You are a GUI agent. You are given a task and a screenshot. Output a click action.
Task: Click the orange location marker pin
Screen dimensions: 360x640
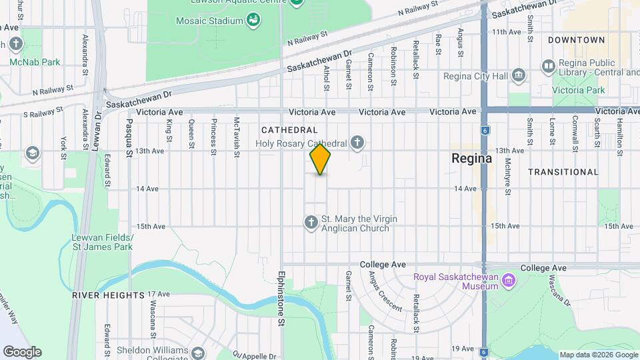coord(320,159)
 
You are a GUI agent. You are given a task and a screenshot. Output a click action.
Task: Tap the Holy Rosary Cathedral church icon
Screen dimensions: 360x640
coord(358,142)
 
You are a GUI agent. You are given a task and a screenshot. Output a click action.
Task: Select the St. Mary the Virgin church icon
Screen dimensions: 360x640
coord(311,222)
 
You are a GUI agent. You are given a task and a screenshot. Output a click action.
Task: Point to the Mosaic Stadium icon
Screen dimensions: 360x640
coord(253,21)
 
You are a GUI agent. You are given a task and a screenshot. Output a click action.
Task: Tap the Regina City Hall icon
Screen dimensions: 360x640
coord(519,76)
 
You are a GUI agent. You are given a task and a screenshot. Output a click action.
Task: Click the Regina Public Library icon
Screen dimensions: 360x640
coord(548,65)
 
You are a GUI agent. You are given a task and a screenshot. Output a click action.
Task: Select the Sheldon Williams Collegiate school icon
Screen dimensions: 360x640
coord(197,353)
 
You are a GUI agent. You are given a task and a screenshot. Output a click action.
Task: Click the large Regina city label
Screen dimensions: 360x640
coord(471,159)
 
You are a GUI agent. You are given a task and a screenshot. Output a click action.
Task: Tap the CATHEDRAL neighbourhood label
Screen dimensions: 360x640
coord(289,129)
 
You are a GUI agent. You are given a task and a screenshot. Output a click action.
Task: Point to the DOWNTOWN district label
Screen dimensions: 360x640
coord(576,40)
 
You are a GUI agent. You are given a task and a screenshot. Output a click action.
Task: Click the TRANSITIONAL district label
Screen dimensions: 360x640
coord(563,172)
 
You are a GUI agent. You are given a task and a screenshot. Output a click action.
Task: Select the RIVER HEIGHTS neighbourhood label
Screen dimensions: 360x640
coord(108,295)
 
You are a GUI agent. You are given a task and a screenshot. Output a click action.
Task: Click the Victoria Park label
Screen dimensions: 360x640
coord(581,90)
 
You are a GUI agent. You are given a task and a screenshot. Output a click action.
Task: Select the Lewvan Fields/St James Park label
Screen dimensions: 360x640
coord(103,242)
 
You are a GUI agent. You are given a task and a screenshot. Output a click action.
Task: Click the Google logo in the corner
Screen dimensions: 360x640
coord(22,351)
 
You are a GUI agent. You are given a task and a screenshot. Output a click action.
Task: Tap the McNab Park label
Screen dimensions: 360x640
coord(35,62)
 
